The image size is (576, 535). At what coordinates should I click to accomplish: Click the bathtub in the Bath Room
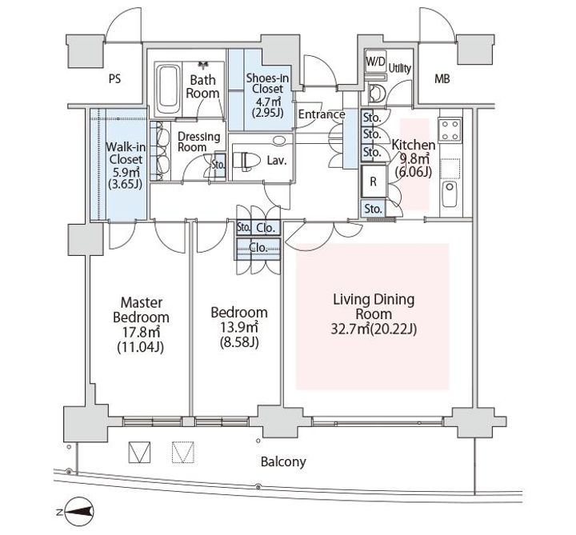click(169, 90)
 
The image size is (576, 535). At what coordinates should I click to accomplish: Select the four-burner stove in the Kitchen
click(450, 130)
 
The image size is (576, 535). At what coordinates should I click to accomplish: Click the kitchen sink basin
click(450, 194)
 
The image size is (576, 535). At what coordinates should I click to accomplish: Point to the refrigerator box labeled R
click(374, 182)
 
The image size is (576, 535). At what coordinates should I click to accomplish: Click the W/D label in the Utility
click(375, 62)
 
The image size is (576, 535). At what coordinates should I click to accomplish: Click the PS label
click(114, 79)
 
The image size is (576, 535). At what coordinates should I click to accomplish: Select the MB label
click(442, 78)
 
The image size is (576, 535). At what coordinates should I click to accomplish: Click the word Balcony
click(283, 461)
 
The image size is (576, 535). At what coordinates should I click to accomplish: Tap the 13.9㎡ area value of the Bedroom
click(239, 327)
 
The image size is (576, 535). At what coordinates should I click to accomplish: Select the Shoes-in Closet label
click(267, 83)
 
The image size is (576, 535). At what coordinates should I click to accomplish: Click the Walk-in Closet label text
click(126, 153)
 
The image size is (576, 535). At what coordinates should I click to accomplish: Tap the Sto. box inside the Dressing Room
click(219, 166)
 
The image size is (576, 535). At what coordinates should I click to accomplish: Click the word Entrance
click(322, 114)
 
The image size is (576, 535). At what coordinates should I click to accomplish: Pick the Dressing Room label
click(198, 142)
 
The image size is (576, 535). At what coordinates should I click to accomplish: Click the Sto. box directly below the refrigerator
click(374, 209)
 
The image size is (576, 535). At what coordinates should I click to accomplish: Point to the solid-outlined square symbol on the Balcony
click(139, 452)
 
